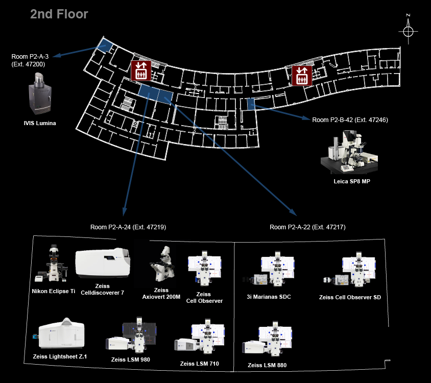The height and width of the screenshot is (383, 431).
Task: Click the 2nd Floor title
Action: pyautogui.click(x=59, y=14)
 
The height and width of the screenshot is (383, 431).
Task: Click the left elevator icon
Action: pyautogui.click(x=141, y=70)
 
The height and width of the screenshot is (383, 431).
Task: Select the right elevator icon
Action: pyautogui.click(x=302, y=76)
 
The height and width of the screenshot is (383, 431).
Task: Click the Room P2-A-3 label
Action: pyautogui.click(x=30, y=57)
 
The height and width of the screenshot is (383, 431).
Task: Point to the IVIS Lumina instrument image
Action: pyautogui.click(x=40, y=93)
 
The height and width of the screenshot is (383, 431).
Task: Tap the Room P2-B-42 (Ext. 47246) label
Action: pyautogui.click(x=350, y=120)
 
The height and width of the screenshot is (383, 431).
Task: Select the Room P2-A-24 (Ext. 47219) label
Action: pyautogui.click(x=128, y=227)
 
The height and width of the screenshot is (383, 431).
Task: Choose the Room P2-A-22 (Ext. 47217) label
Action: pyautogui.click(x=307, y=227)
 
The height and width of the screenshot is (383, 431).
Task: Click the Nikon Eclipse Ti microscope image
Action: pyautogui.click(x=52, y=264)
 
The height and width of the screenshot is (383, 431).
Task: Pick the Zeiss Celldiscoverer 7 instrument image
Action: pyautogui.click(x=103, y=262)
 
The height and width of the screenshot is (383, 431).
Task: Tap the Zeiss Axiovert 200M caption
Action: pyautogui.click(x=161, y=293)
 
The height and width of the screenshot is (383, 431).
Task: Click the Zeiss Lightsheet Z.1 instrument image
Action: pyautogui.click(x=60, y=333)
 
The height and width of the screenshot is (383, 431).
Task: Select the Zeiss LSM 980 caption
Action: pyautogui.click(x=131, y=360)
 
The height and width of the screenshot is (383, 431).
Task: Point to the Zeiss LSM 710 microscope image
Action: pyautogui.click(x=200, y=337)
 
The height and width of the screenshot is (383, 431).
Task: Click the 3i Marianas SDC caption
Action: pyautogui.click(x=269, y=297)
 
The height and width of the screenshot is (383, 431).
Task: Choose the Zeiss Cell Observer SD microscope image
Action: pyautogui.click(x=349, y=270)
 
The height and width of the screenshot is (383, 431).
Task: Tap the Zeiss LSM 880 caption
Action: pyautogui.click(x=267, y=365)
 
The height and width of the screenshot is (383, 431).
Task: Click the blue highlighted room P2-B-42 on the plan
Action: pyautogui.click(x=251, y=104)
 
